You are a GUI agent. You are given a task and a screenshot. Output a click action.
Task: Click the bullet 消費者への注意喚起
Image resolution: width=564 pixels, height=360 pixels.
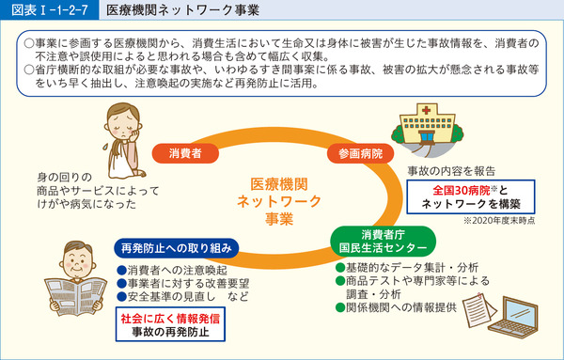click(171, 269)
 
